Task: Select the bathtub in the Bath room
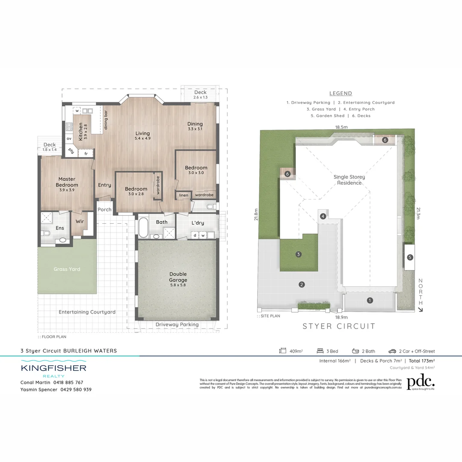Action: click(142, 228)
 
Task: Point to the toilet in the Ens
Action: click(47, 234)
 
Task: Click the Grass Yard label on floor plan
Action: click(67, 269)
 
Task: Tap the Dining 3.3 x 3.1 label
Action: click(195, 126)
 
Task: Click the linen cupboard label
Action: click(184, 195)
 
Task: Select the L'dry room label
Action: click(198, 223)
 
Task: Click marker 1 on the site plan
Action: click(370, 300)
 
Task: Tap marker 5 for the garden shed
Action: click(410, 257)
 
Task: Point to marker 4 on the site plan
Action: click(323, 216)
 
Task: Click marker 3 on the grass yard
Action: click(299, 254)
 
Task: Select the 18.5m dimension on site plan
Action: click(341, 127)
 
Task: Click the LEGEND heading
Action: click(341, 93)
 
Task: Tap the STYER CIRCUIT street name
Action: click(339, 326)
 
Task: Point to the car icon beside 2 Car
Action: click(392, 351)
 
